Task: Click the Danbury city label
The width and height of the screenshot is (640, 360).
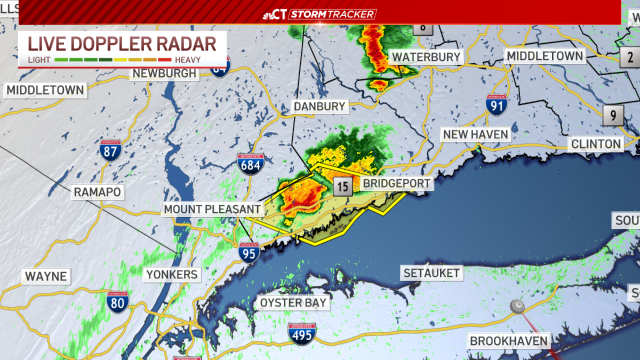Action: [319, 106]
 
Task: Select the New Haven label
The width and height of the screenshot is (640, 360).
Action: [476, 134]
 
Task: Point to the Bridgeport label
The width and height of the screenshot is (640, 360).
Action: [396, 184]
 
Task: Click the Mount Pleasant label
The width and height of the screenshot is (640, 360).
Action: [212, 209]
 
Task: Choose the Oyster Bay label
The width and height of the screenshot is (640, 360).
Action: [293, 303]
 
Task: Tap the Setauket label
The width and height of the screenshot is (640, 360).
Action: [431, 273]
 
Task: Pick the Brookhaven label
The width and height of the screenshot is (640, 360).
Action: [508, 341]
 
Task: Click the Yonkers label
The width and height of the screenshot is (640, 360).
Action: [172, 275]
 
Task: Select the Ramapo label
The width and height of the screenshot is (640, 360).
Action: [98, 191]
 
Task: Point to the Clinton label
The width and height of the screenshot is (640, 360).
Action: [596, 143]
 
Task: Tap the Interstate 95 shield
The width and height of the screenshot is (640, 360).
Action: [249, 253]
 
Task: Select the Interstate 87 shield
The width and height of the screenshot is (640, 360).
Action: [110, 151]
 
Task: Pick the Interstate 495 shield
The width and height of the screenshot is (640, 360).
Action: [301, 333]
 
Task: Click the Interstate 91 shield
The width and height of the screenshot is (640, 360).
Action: [496, 105]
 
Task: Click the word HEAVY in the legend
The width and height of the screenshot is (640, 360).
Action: [187, 60]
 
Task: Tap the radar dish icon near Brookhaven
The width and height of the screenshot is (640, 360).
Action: [517, 306]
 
